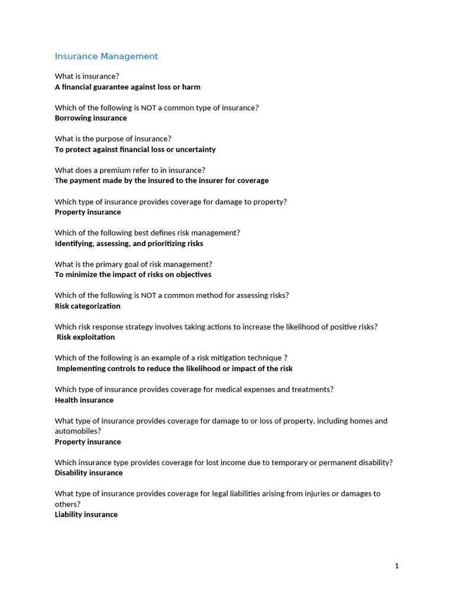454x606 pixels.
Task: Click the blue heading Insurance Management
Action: (x=106, y=56)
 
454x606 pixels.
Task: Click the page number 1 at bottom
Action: (x=397, y=566)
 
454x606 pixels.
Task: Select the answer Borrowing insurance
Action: (x=90, y=118)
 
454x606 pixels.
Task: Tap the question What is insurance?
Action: (x=87, y=76)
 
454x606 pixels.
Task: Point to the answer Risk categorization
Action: (x=87, y=306)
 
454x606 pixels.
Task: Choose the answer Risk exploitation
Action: (x=86, y=337)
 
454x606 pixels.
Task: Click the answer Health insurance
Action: (x=84, y=400)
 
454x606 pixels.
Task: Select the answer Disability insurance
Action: (x=89, y=473)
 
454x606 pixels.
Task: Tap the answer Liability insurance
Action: (x=86, y=514)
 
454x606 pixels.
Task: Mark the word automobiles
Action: (x=76, y=431)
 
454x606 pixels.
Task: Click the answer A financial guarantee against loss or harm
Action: (x=128, y=87)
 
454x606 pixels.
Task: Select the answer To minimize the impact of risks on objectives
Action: (x=133, y=275)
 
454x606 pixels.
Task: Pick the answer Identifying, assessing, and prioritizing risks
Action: (x=129, y=243)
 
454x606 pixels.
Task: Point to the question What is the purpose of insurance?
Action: (x=113, y=138)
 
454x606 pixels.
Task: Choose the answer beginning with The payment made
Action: (x=161, y=180)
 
